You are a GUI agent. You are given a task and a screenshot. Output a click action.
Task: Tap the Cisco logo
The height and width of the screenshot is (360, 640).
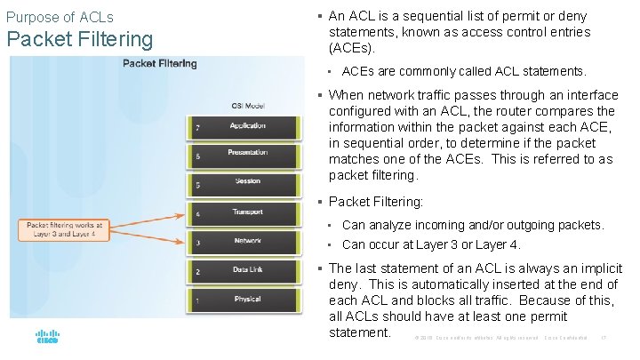click(x=47, y=338)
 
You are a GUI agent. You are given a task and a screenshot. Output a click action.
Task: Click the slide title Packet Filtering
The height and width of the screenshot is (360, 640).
click(x=80, y=40)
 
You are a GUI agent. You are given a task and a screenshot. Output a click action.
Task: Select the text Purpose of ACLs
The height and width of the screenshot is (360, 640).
click(x=60, y=17)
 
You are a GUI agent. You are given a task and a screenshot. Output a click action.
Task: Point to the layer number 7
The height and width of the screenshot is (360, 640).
click(x=196, y=127)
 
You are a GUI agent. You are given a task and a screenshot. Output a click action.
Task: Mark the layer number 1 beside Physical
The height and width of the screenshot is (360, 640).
click(x=196, y=300)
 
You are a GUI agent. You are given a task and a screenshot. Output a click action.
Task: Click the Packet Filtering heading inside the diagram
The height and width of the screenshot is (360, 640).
click(x=160, y=64)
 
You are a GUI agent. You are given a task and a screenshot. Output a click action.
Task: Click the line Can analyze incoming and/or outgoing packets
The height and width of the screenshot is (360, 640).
click(x=473, y=225)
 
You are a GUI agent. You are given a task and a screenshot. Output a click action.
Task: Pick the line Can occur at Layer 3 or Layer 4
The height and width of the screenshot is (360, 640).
click(x=431, y=244)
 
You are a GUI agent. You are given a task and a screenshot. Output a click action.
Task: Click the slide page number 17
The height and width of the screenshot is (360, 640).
click(x=604, y=338)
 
